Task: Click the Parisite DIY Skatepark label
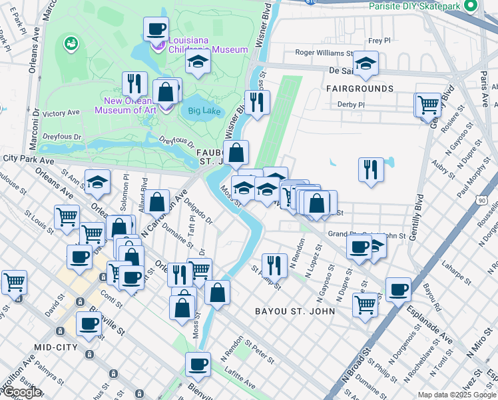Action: click(x=414, y=6)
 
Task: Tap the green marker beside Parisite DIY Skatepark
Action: click(x=471, y=6)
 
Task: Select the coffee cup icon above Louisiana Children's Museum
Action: click(x=156, y=29)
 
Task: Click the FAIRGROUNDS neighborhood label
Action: click(x=360, y=89)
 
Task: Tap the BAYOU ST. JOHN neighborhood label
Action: click(x=298, y=311)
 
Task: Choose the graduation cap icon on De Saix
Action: click(x=366, y=63)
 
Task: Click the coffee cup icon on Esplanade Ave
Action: click(x=398, y=289)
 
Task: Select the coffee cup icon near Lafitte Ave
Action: click(x=198, y=364)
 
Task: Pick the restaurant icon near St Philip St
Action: click(x=274, y=265)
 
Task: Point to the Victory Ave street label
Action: click(x=61, y=114)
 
